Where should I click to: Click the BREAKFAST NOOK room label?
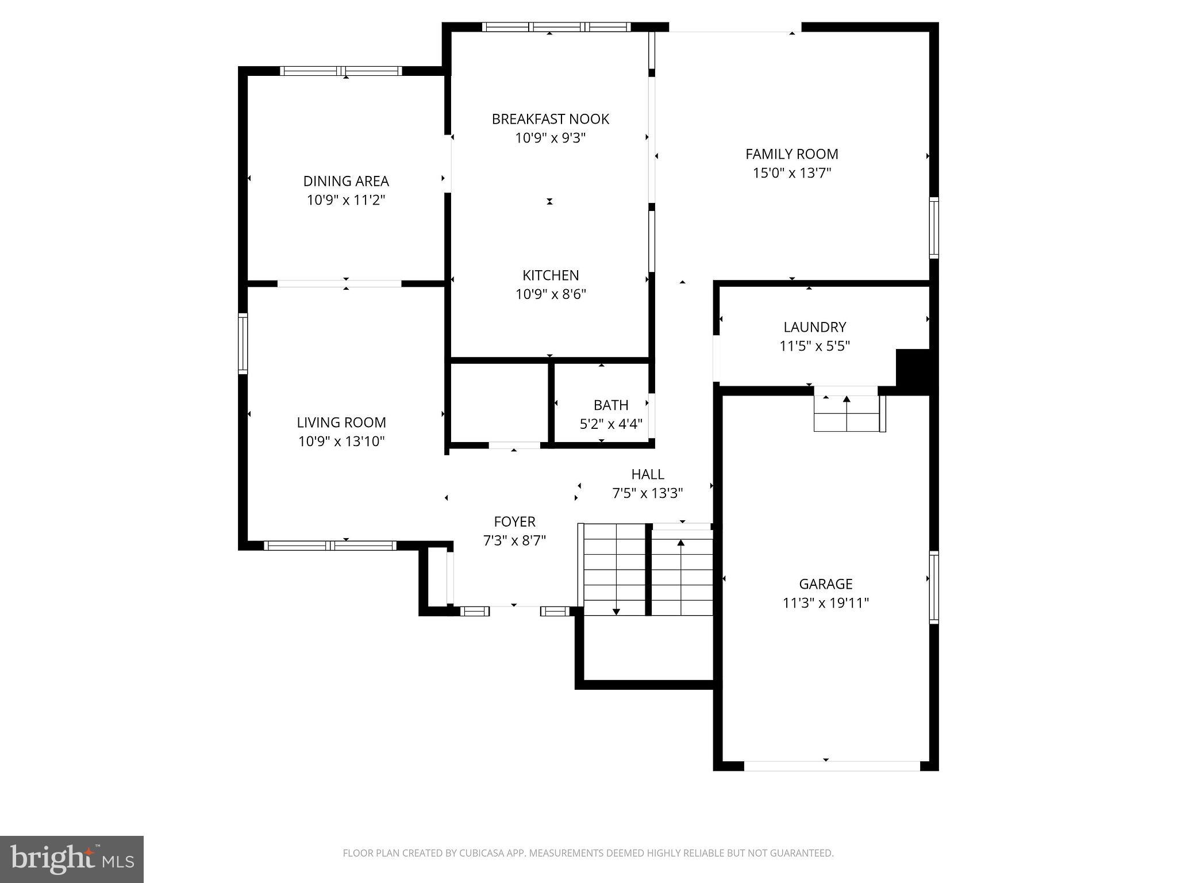[550, 119]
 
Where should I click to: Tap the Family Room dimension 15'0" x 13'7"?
[792, 173]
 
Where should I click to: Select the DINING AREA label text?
[346, 181]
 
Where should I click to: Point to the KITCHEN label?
[550, 275]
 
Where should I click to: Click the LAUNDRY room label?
[814, 327]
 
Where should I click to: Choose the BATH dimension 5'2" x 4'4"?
[610, 424]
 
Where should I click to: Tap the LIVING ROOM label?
[341, 423]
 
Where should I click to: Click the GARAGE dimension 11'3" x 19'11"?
[825, 603]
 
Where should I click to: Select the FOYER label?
[514, 521]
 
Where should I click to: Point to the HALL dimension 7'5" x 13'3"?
[648, 493]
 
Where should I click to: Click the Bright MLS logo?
[72, 859]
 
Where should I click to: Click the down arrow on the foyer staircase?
[616, 611]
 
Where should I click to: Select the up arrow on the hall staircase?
[681, 542]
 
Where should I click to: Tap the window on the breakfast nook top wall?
[556, 26]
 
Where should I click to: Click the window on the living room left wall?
[243, 344]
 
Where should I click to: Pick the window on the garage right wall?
[934, 586]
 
